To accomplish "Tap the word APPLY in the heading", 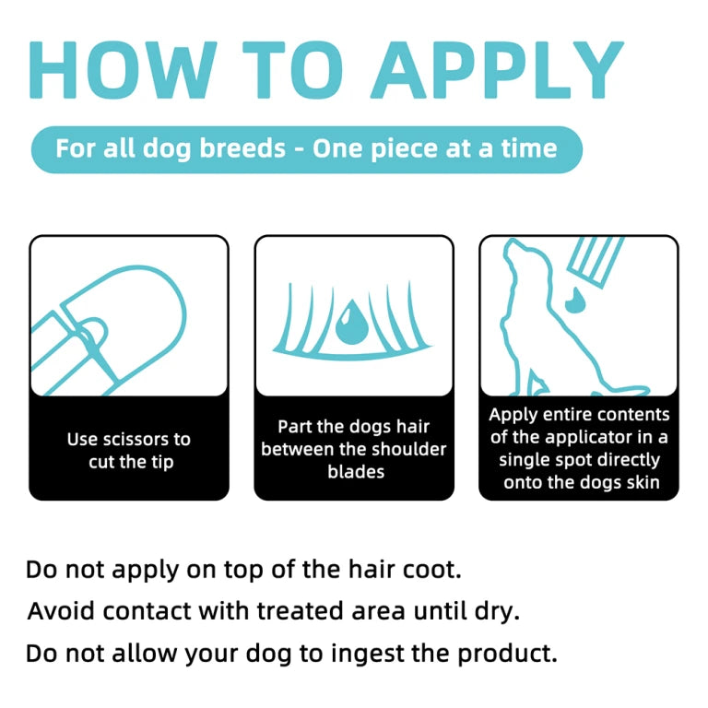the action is click(497, 70).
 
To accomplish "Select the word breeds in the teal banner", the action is click(242, 148).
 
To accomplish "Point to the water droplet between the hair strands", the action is click(352, 322).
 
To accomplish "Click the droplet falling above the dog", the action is click(575, 300).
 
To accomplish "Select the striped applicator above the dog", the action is click(596, 261).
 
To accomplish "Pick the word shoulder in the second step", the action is click(416, 449).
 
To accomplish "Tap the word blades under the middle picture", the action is click(356, 472).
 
